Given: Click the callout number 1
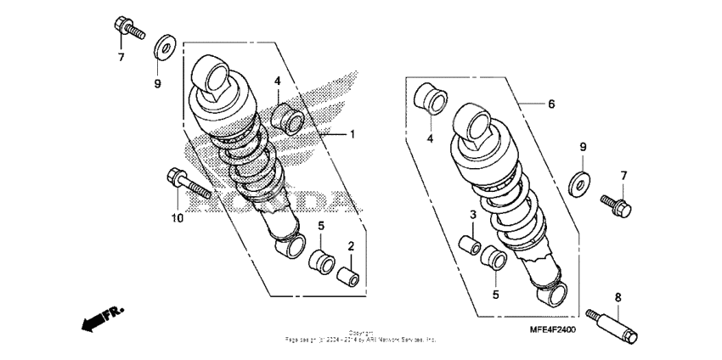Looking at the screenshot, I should tap(353, 134).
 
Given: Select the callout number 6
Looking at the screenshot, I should tap(550, 104).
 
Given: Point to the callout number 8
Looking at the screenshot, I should tap(618, 297).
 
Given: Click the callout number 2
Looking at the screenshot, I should tap(350, 246).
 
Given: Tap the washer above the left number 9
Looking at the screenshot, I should tap(165, 45).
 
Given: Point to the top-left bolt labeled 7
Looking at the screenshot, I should tap(124, 27).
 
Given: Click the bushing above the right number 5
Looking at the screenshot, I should tap(492, 256).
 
